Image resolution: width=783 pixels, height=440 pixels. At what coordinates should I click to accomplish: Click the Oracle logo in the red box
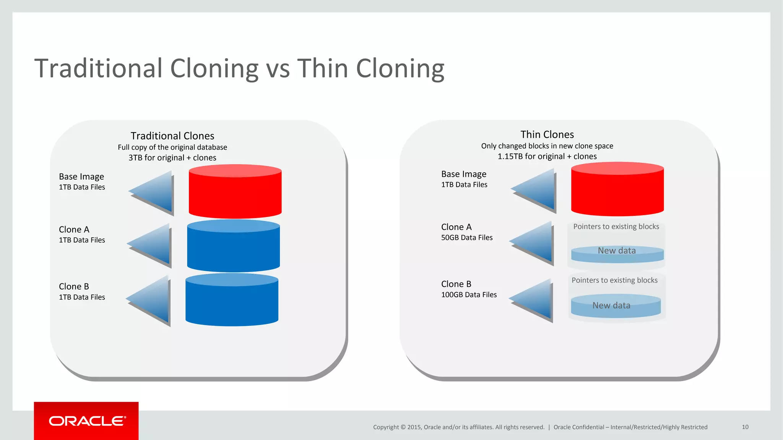click(87, 421)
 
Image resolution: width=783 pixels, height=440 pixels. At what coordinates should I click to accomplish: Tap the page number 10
click(745, 427)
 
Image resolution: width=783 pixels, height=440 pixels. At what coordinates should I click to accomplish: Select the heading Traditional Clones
click(172, 136)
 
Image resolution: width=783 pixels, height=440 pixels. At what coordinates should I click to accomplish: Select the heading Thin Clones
click(547, 134)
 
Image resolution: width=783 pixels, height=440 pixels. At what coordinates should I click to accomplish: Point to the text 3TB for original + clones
click(172, 158)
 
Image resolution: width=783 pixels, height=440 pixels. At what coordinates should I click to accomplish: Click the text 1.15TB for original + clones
click(547, 156)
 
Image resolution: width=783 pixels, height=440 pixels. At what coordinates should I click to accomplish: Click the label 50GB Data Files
click(467, 238)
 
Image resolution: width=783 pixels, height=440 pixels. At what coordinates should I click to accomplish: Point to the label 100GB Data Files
click(469, 295)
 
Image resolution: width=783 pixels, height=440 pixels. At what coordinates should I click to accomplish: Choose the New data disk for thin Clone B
click(616, 306)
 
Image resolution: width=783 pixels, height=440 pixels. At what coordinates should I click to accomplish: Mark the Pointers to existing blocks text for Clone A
click(616, 226)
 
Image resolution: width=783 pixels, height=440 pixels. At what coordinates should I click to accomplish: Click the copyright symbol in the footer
click(403, 427)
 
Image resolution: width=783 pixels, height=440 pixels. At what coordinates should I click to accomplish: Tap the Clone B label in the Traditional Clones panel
click(74, 286)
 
